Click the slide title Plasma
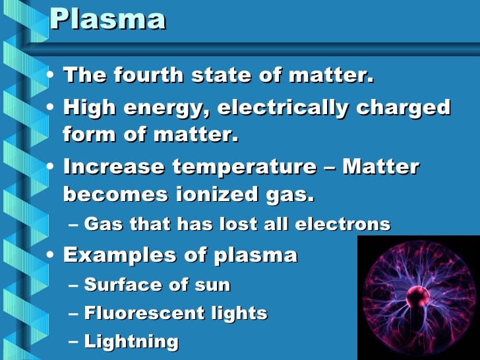pyautogui.click(x=107, y=20)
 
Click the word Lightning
pyautogui.click(x=131, y=342)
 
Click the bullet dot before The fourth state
pyautogui.click(x=51, y=76)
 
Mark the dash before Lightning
pyautogui.click(x=73, y=342)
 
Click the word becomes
pyautogui.click(x=109, y=195)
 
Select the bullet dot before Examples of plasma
pyautogui.click(x=51, y=255)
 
